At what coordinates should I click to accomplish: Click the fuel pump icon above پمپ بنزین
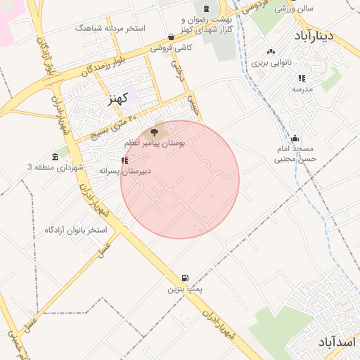pyautogui.click(x=185, y=278)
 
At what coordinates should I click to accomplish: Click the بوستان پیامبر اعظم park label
pyautogui.click(x=155, y=143)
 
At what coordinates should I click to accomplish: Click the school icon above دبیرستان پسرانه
pyautogui.click(x=124, y=160)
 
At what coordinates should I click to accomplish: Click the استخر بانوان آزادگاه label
pyautogui.click(x=75, y=230)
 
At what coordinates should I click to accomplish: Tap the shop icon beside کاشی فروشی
pyautogui.click(x=172, y=37)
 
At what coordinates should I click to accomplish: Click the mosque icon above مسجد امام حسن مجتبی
pyautogui.click(x=295, y=138)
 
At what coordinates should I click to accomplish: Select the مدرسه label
pyautogui.click(x=302, y=89)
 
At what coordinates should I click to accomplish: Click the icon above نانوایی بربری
pyautogui.click(x=271, y=51)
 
